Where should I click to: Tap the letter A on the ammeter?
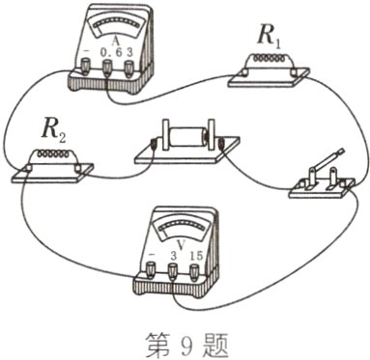click(x=115, y=39)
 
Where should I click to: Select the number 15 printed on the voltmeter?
click(x=195, y=253)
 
